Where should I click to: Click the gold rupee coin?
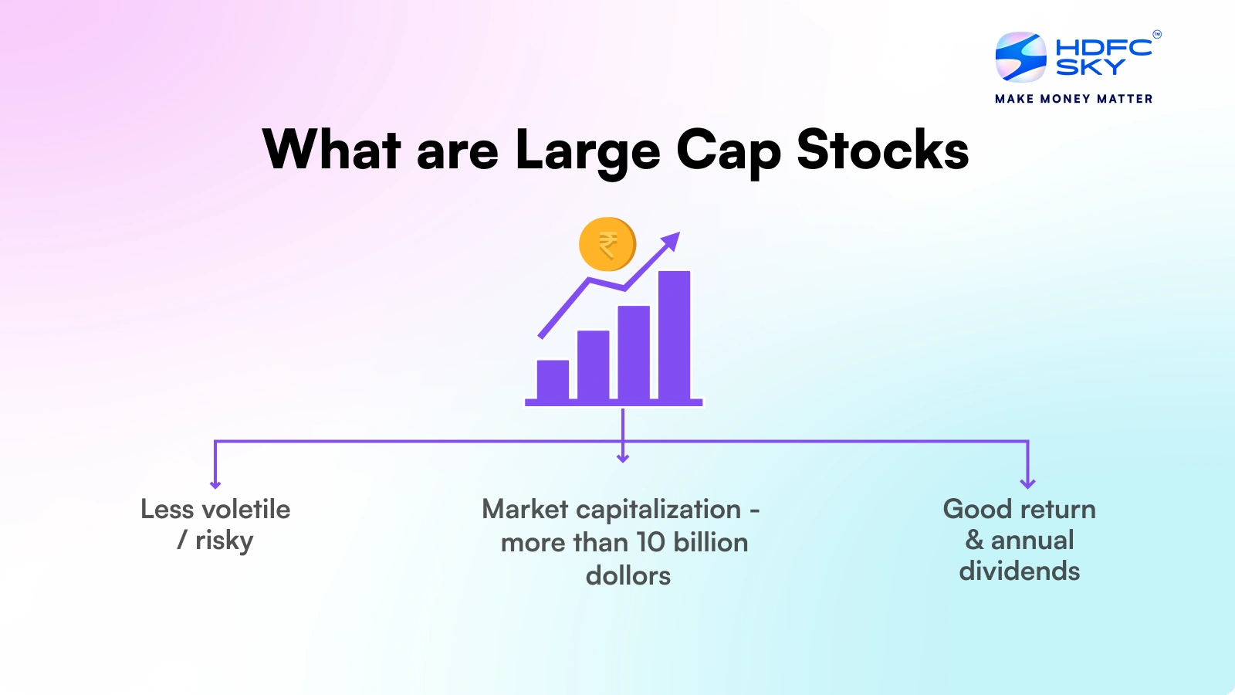607,245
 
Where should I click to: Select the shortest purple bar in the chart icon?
553,379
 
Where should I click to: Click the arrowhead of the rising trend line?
672,241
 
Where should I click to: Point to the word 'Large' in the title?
587,151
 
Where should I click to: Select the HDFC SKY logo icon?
1020,57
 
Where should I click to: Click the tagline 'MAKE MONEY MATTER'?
1073,99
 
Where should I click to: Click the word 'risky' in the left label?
224,541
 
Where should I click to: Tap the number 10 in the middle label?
650,542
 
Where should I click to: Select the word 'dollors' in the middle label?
628,575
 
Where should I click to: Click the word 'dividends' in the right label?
1019,571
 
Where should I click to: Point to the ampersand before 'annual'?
974,540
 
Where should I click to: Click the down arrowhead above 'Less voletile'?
215,483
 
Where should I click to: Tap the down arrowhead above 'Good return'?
1027,483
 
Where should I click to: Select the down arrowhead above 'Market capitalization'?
623,458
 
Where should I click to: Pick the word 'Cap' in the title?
728,151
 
